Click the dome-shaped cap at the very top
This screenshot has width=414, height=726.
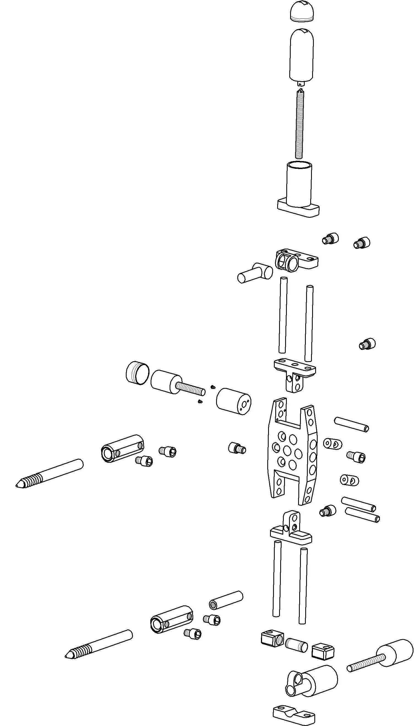pos(302,12)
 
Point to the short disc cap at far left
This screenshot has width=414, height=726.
pos(137,373)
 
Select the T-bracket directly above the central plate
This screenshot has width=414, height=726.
pos(295,373)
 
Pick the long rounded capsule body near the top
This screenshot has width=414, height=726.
pos(302,55)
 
